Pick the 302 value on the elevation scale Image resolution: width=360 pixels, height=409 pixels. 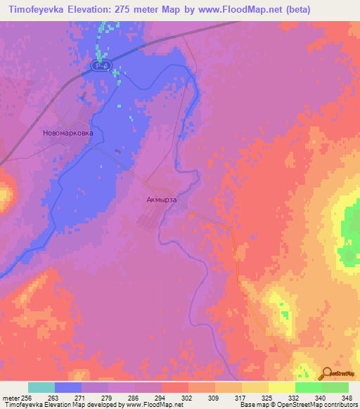coord(186,397)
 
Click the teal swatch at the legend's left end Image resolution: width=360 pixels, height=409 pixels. coord(41,387)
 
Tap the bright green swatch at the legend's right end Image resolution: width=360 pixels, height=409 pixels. coord(335,387)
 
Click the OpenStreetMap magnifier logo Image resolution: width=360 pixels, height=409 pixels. coord(326,373)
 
